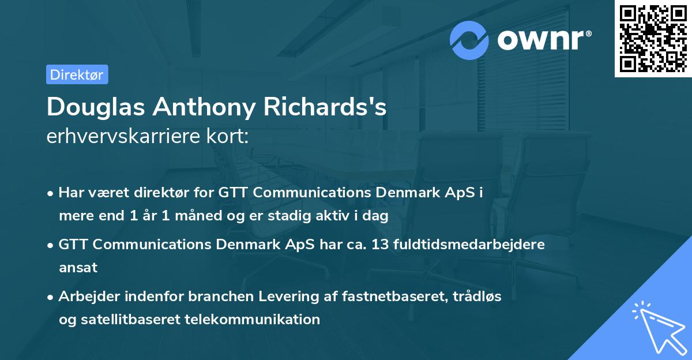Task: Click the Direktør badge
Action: [x=77, y=74]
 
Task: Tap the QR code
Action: [x=653, y=39]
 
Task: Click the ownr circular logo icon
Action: [x=469, y=40]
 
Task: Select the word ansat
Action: [x=78, y=267]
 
